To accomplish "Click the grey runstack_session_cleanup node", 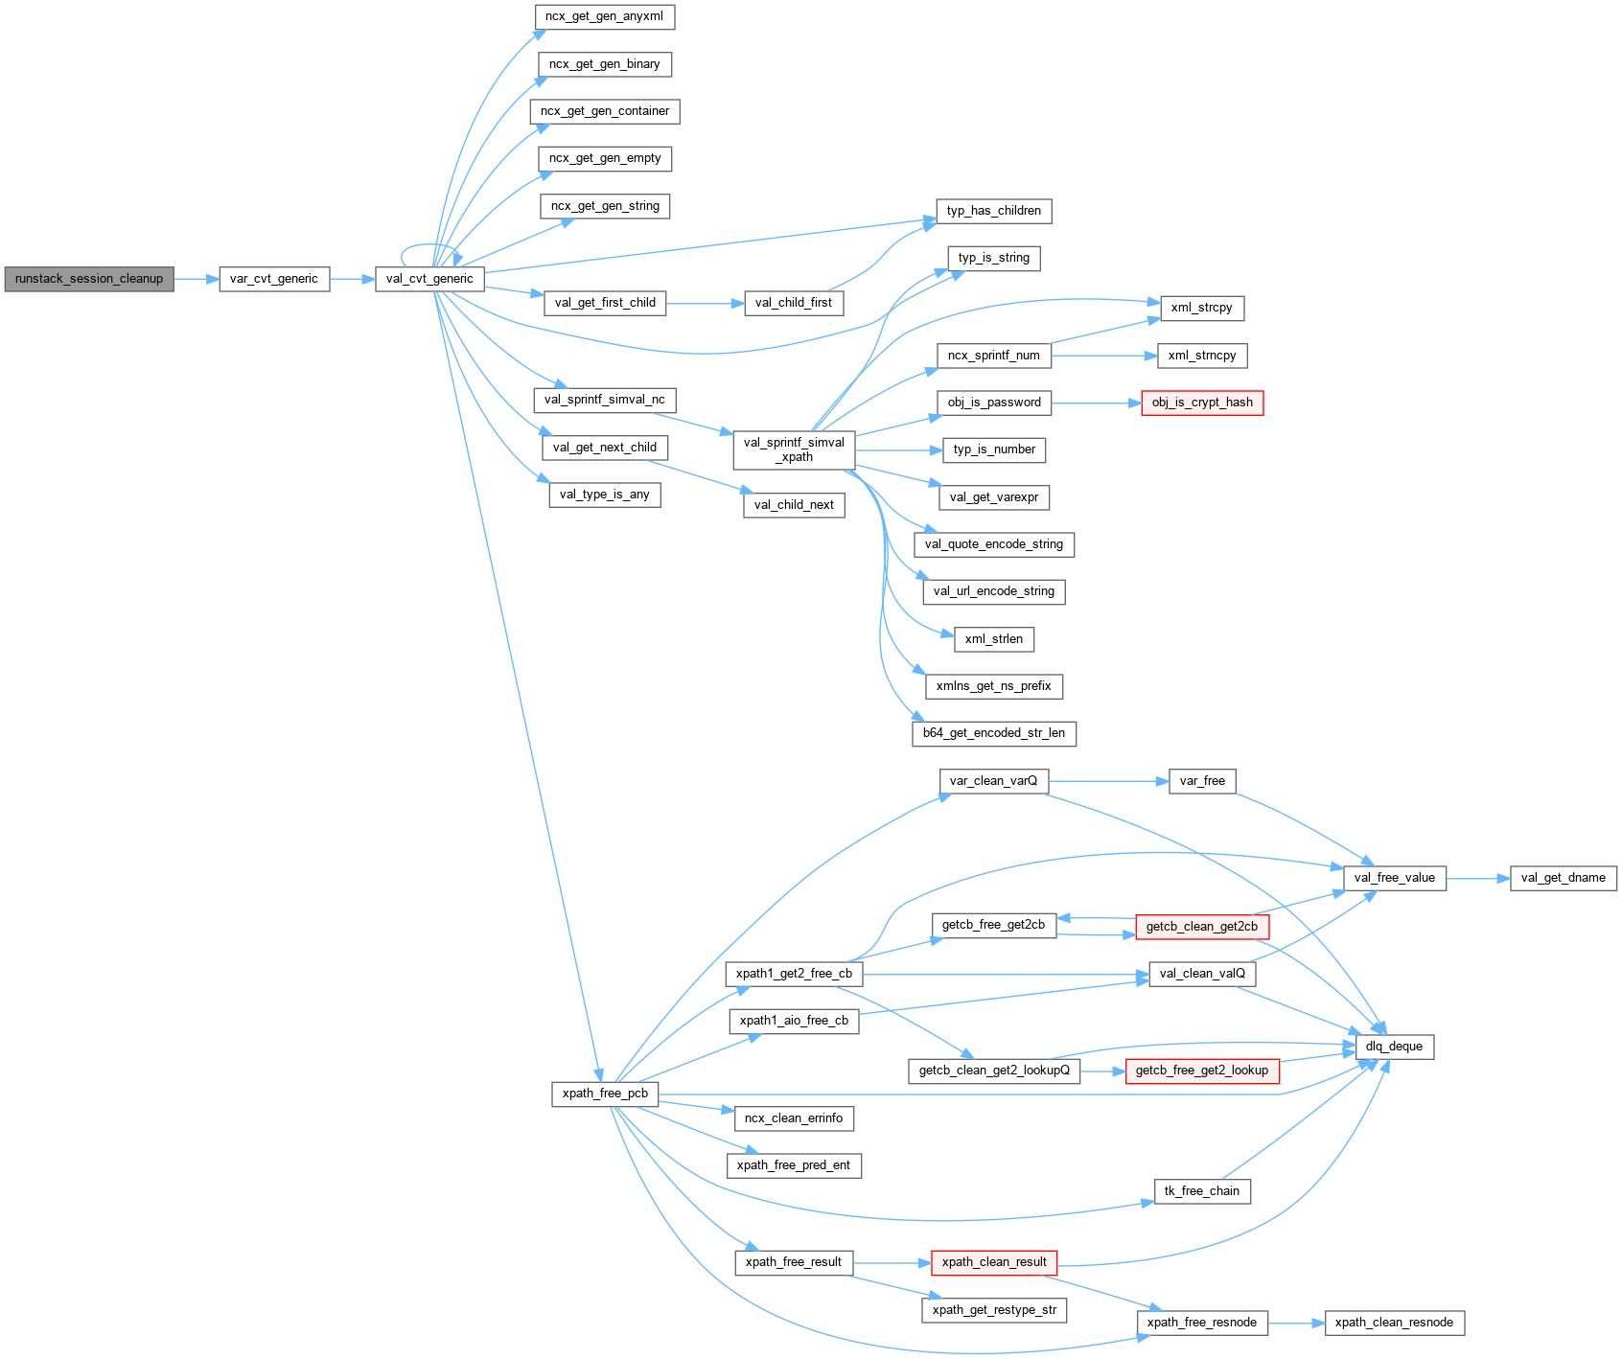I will (89, 279).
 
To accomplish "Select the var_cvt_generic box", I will (274, 279).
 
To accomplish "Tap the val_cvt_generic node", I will (429, 279).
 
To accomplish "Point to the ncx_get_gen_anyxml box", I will (604, 16).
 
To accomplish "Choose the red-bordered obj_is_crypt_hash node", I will (1202, 403).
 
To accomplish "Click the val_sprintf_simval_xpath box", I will (794, 449).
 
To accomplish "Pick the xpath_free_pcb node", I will (605, 1094).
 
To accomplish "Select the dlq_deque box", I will (1394, 1047).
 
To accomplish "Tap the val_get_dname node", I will (1563, 878).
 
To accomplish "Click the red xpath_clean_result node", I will (994, 1262).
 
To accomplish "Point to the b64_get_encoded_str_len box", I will (994, 733).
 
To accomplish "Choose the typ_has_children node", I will (994, 211).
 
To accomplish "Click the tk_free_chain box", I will (1202, 1191).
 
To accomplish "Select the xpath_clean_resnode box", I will (1394, 1323).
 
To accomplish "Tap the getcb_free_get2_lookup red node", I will (1202, 1071).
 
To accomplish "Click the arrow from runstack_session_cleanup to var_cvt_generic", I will (197, 279).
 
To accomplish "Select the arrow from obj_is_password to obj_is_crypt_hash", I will (1097, 403).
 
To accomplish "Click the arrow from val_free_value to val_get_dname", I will (1478, 878).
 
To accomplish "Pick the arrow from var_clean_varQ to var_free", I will (1108, 781).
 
